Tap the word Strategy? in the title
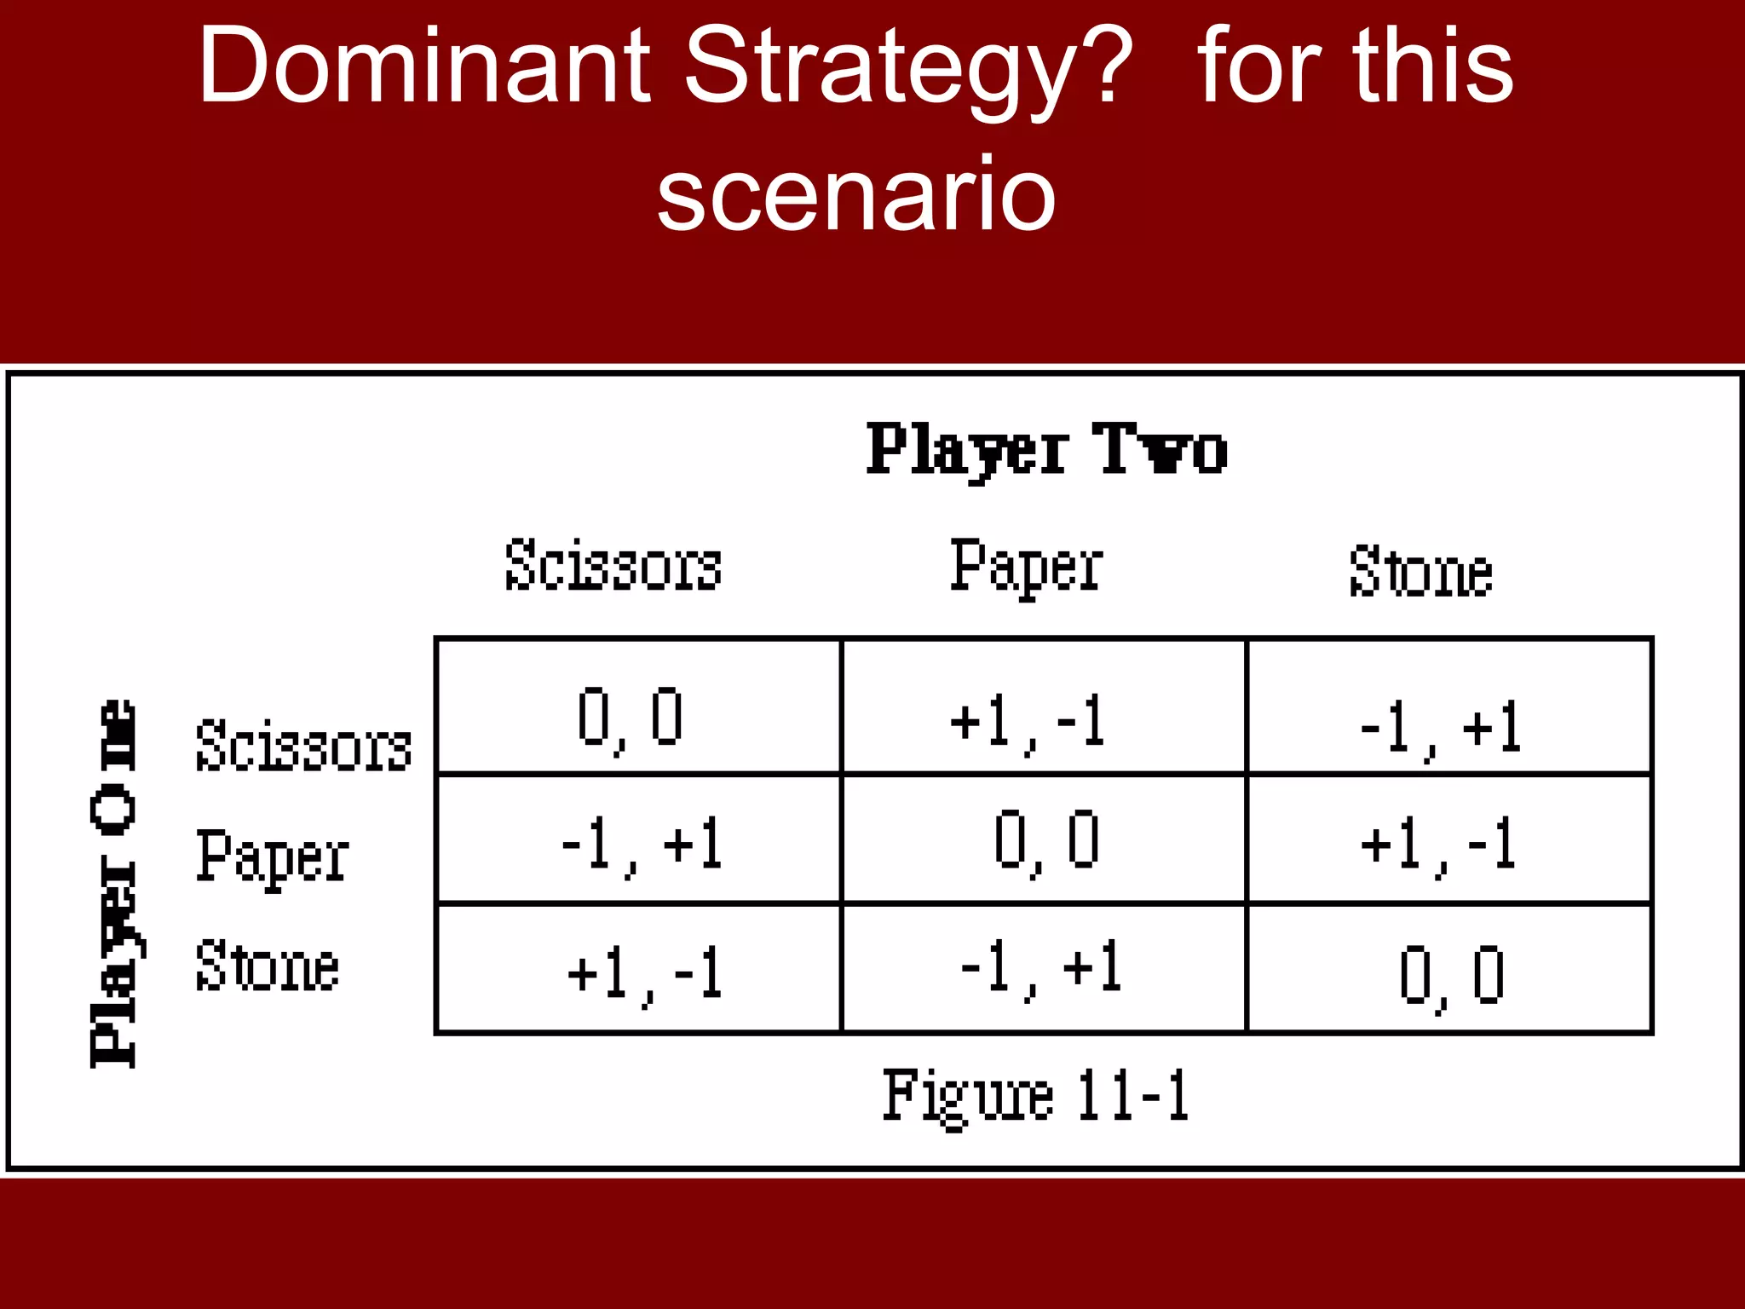coord(908,68)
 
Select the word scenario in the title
coord(856,194)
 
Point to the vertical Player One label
coord(113,883)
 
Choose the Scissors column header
coord(613,566)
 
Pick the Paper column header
coord(1026,566)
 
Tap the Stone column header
coord(1420,571)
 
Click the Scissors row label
coord(303,747)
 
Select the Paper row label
coord(272,857)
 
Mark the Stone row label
coord(267,967)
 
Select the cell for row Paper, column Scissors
coord(637,839)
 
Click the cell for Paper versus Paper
coord(1043,839)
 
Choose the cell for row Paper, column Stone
coord(1448,839)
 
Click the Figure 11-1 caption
coord(1035,1096)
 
